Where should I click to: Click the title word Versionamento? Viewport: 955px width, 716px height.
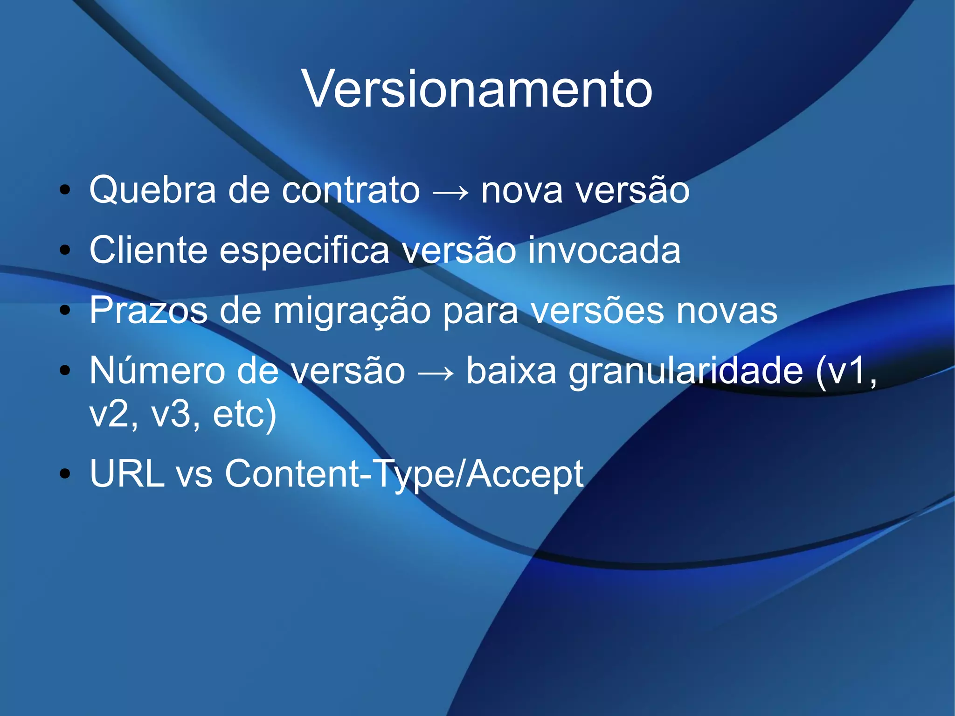477,89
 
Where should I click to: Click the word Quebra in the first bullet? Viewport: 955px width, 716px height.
152,190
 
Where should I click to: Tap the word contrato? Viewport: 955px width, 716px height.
351,190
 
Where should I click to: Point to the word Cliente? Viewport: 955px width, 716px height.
148,250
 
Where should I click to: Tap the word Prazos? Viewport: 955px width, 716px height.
148,310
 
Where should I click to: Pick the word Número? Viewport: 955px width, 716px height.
157,370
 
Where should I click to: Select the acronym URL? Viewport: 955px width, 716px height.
127,473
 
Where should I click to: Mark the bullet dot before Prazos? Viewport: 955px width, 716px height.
65,310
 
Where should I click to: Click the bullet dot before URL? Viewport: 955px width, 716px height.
65,474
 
